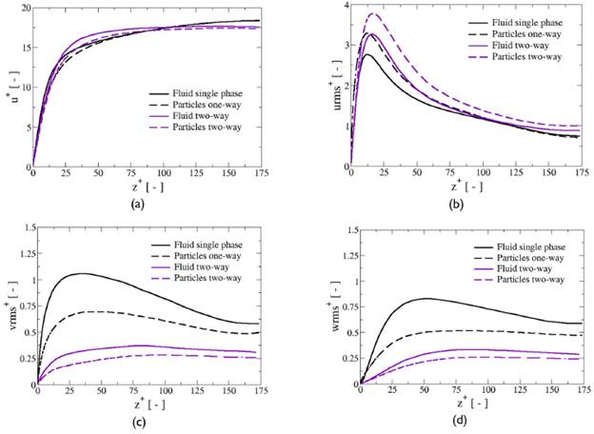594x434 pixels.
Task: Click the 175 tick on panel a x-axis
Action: (x=258, y=173)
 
